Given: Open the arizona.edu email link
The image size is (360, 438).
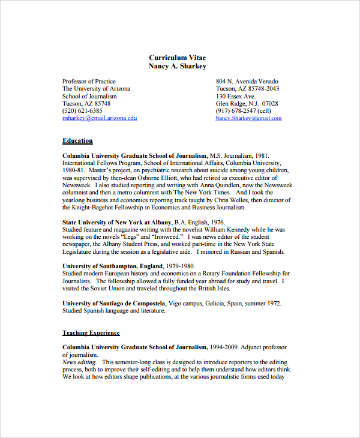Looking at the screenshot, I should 100,118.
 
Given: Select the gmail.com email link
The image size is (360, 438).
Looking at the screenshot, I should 248,118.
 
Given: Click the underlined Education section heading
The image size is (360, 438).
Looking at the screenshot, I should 77,141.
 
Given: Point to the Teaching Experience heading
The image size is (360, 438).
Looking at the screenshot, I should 91,332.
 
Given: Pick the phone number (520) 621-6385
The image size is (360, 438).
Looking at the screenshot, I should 82,111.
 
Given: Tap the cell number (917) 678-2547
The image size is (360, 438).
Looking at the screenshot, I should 236,111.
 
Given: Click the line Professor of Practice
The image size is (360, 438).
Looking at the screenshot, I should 89,81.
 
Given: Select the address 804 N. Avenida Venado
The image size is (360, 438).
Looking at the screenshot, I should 247,81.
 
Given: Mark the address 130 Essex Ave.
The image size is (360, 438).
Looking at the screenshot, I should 236,96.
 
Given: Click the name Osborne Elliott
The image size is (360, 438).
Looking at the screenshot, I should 160,178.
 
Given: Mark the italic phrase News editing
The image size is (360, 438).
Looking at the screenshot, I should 80,362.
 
